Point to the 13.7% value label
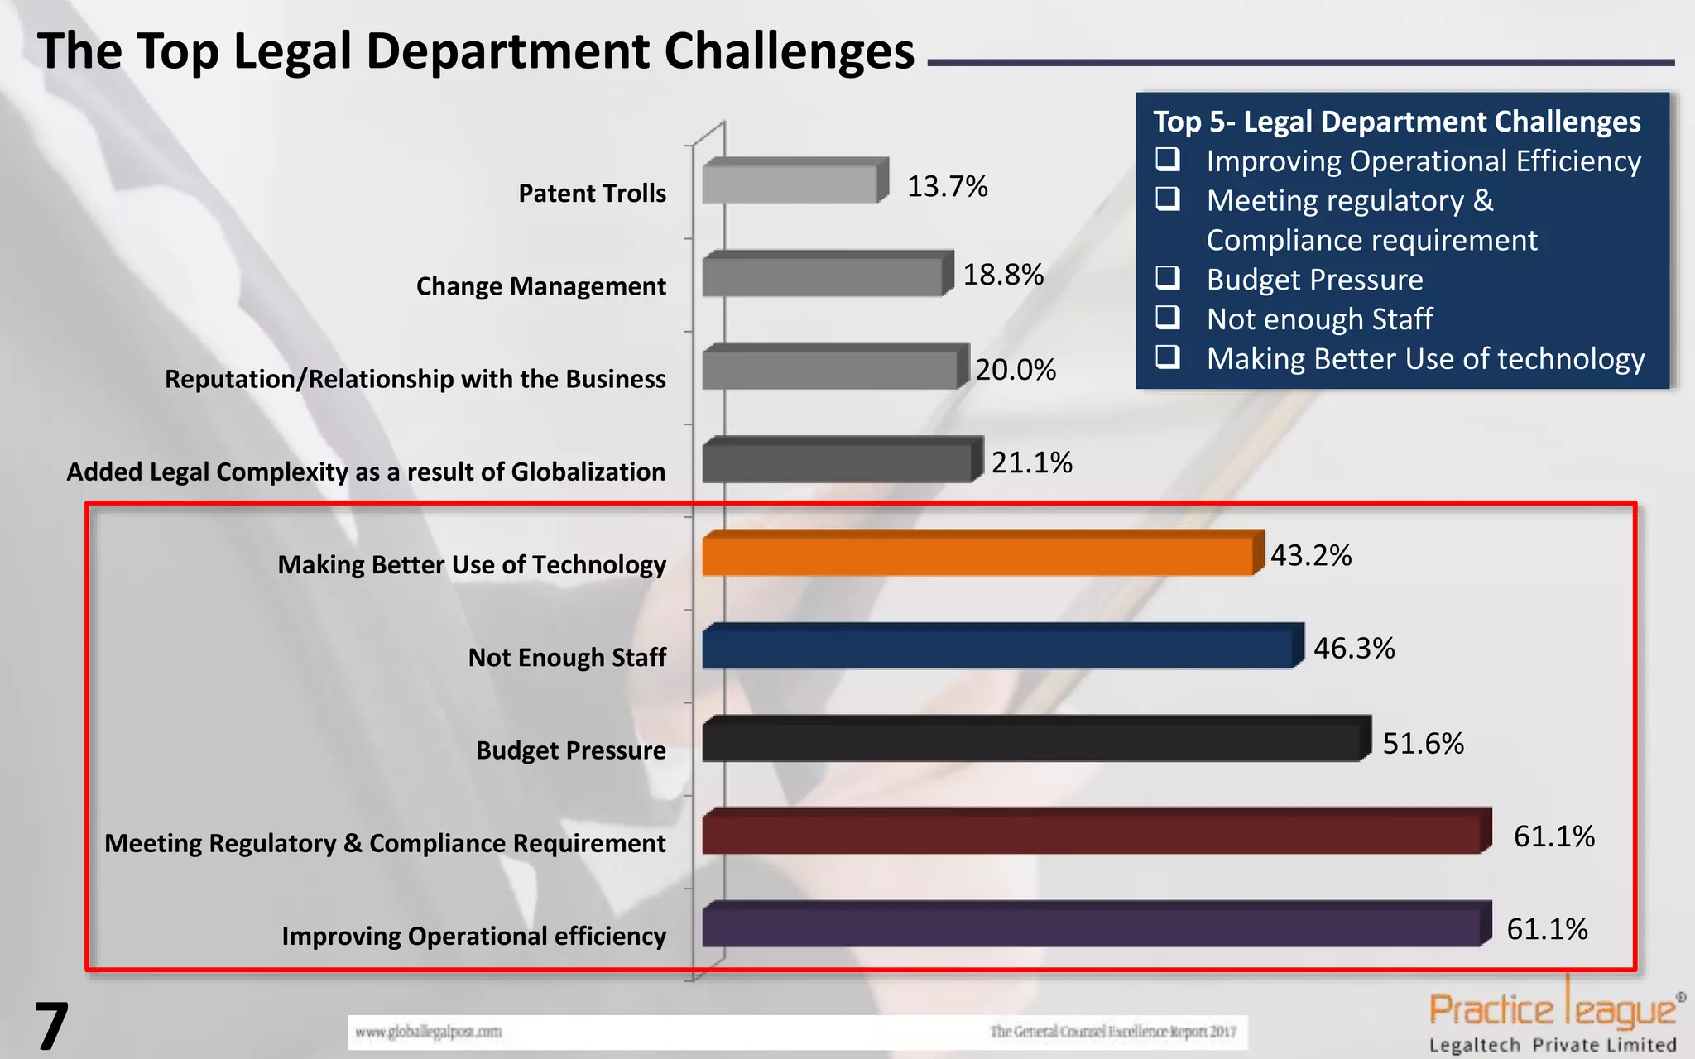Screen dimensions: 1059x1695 pos(947,187)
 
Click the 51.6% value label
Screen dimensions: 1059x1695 pos(1423,744)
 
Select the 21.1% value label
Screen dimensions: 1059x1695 pos(1031,462)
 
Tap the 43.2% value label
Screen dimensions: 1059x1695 pos(1310,555)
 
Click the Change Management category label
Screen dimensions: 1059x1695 pos(540,286)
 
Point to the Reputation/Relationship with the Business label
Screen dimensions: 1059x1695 pos(415,379)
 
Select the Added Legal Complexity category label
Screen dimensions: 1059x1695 pos(366,472)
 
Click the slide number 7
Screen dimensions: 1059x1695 pos(50,1027)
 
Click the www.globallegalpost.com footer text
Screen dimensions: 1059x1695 pos(428,1032)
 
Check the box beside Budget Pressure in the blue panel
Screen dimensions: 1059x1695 pos(1167,278)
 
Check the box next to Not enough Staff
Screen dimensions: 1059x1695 pos(1167,317)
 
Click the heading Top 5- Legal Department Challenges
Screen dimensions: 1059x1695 pos(1396,122)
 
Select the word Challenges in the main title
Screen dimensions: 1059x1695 pos(789,51)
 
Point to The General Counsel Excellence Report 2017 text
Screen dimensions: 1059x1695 pos(1112,1032)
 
